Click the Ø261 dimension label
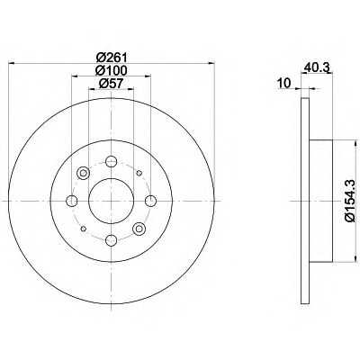pyautogui.click(x=112, y=58)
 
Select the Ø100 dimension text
pyautogui.click(x=112, y=70)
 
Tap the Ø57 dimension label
pyautogui.click(x=112, y=84)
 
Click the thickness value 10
pyautogui.click(x=284, y=83)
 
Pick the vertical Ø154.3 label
pyautogui.click(x=351, y=200)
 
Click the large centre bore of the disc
pyautogui.click(x=111, y=201)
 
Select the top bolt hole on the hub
pyautogui.click(x=111, y=162)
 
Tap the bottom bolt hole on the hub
pyautogui.click(x=111, y=240)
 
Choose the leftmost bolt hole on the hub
pyautogui.click(x=72, y=201)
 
